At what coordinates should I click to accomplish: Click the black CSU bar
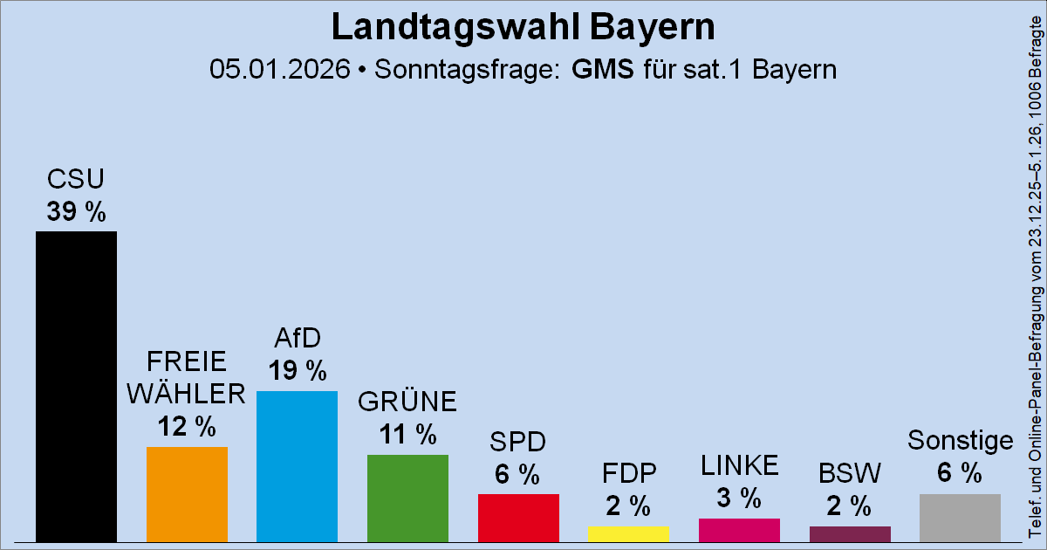point(76,386)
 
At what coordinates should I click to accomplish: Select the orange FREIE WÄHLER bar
point(187,494)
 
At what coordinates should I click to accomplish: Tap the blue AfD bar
point(297,466)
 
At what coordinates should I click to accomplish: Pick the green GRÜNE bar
point(407,498)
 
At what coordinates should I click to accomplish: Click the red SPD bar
point(518,518)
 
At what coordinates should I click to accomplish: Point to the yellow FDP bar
point(628,533)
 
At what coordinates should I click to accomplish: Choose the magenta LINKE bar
point(739,530)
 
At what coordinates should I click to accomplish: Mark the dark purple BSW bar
point(850,533)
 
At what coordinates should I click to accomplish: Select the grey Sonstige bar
point(960,518)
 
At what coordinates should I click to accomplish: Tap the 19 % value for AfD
point(297,370)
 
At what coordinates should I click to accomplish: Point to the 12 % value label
point(187,426)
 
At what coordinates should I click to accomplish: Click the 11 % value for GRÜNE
point(407,434)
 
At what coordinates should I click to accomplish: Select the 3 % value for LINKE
point(739,498)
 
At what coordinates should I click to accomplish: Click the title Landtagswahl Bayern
point(523,28)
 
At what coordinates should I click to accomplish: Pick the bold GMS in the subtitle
point(603,69)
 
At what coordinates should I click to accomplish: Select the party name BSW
point(850,474)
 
